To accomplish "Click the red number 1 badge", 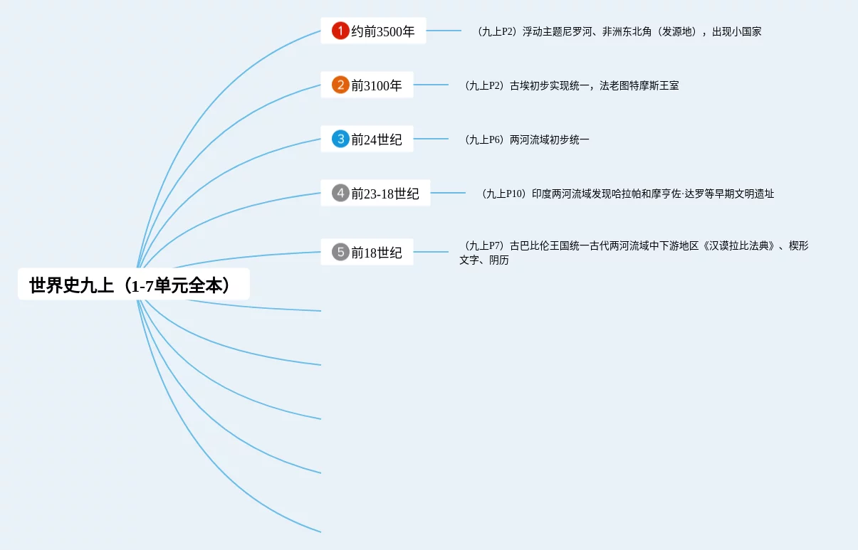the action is click(340, 31).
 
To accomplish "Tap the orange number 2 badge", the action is click(340, 85).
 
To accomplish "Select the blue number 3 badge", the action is click(340, 139).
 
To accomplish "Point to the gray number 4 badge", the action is click(340, 193).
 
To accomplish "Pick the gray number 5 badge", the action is click(340, 252).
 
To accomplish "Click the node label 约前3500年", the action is click(383, 31).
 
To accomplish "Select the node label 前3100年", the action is click(377, 86).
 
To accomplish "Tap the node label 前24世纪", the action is click(377, 139).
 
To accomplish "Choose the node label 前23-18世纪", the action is click(385, 194).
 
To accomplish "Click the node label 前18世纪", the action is click(377, 253).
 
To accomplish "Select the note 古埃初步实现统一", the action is click(594, 85).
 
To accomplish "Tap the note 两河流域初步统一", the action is click(549, 139).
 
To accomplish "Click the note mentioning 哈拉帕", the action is click(652, 194).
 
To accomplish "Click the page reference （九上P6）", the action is click(483, 139).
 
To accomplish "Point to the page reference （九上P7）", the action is click(483, 246).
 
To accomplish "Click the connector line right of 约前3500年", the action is click(444, 31).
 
